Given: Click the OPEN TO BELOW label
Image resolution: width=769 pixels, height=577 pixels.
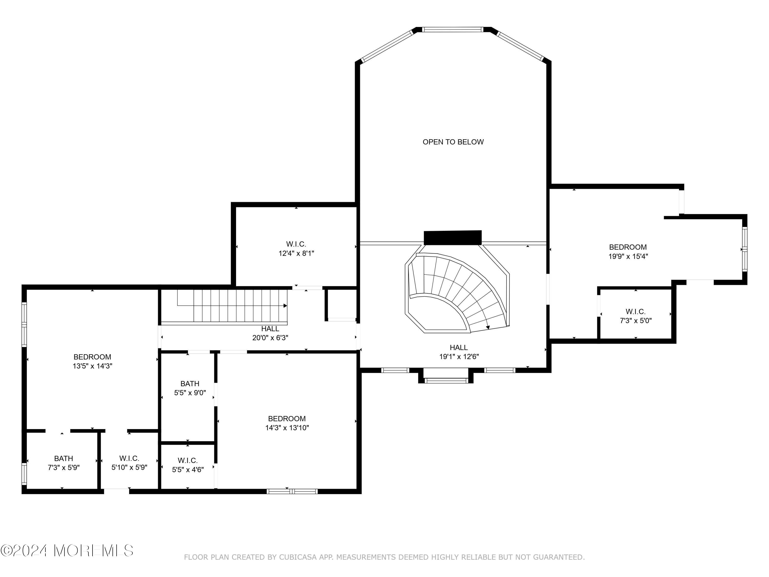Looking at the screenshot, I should pos(453,142).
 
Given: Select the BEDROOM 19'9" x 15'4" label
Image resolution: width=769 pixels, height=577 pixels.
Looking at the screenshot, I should pos(628,252).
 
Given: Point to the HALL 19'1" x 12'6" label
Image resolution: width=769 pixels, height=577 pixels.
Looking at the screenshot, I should pos(459,352).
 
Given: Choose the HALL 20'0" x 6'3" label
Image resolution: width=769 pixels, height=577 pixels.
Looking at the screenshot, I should pos(270,333).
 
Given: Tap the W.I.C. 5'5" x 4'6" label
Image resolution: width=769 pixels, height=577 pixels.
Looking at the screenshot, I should pos(188,465).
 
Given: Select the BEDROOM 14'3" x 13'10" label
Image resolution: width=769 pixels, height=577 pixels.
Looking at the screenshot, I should pos(287,423).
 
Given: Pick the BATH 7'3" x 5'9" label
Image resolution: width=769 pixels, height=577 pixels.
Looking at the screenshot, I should pos(64,463).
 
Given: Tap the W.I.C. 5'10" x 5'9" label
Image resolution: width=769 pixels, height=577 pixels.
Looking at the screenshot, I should pos(129,463).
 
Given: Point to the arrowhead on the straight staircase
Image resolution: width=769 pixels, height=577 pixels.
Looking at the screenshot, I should pos(285,306).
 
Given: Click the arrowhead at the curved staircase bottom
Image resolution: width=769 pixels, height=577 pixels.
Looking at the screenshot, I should pos(488,327).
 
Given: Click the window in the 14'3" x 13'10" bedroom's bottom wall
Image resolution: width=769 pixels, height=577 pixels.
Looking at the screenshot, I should pos(292,491).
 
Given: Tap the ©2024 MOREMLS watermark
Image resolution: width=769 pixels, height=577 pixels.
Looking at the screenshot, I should pos(67,550).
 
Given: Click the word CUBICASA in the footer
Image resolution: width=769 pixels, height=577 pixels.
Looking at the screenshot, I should pos(298,557).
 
